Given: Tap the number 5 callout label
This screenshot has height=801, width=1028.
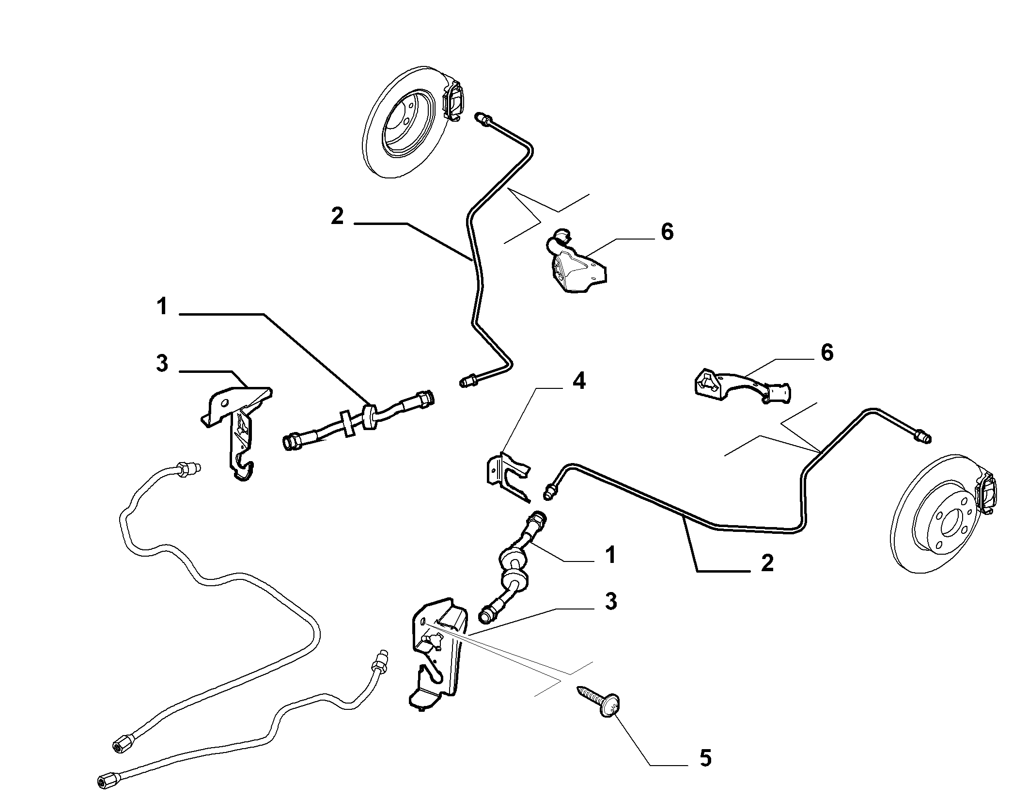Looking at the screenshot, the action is pyautogui.click(x=706, y=758).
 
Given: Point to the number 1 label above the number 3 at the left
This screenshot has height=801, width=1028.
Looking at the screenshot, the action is pyautogui.click(x=162, y=307).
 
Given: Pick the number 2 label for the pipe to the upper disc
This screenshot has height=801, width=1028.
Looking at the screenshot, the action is pyautogui.click(x=337, y=216).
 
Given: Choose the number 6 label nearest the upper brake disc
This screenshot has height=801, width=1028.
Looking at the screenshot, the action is pyautogui.click(x=667, y=232).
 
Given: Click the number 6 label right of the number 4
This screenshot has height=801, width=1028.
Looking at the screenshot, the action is pyautogui.click(x=827, y=352).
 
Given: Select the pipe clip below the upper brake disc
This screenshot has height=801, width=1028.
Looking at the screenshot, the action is pyautogui.click(x=576, y=260).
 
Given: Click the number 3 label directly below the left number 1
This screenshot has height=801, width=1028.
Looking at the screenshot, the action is pyautogui.click(x=162, y=363).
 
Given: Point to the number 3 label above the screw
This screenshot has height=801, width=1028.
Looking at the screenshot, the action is pyautogui.click(x=611, y=602).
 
